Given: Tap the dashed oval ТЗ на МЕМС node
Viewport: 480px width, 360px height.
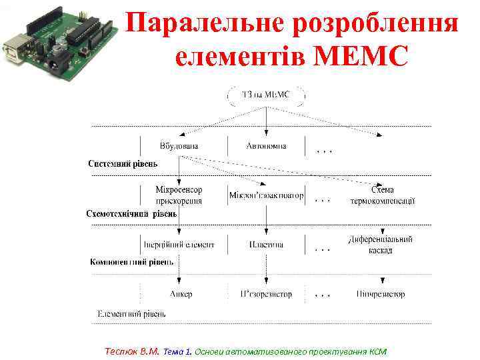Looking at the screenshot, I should pyautogui.click(x=267, y=95).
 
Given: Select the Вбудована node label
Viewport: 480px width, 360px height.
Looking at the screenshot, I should pyautogui.click(x=179, y=145).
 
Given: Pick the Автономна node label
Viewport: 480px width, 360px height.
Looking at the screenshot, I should pyautogui.click(x=266, y=145).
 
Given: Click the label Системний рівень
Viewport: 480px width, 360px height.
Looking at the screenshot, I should pyautogui.click(x=123, y=164).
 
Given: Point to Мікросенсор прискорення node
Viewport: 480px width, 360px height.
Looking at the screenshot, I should pyautogui.click(x=179, y=195).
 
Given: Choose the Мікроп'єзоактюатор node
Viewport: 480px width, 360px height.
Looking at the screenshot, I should pyautogui.click(x=266, y=196).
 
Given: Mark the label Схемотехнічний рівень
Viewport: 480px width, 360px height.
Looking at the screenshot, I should pyautogui.click(x=132, y=214).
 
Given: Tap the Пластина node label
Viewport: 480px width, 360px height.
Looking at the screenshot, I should pyautogui.click(x=266, y=245).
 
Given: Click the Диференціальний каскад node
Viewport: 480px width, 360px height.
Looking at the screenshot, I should pyautogui.click(x=380, y=245).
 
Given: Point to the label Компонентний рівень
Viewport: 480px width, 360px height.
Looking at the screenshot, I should pyautogui.click(x=127, y=263).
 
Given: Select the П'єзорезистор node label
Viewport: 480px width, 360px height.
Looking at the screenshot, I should pyautogui.click(x=266, y=294).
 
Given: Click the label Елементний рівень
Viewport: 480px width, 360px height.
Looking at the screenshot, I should pyautogui.click(x=131, y=313).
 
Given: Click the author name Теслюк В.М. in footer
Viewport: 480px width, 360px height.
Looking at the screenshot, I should pyautogui.click(x=132, y=351).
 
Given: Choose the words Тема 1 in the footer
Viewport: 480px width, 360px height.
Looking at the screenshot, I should pyautogui.click(x=177, y=351).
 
